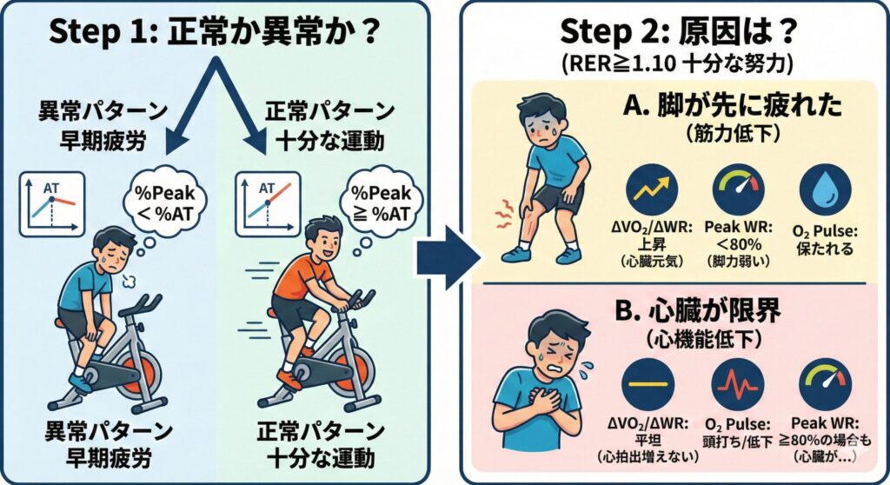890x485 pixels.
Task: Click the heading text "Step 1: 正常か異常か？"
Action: tap(215, 31)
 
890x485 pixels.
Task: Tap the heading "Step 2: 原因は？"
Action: tap(675, 31)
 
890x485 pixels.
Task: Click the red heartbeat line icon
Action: tap(738, 384)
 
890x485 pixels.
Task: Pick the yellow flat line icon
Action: tap(648, 384)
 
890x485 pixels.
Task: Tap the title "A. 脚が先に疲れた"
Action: tap(732, 107)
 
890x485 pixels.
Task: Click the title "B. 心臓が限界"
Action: tap(698, 311)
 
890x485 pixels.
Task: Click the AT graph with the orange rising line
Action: tap(268, 204)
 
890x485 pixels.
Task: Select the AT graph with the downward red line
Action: tap(51, 204)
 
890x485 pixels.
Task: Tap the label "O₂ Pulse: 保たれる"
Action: tap(825, 240)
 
